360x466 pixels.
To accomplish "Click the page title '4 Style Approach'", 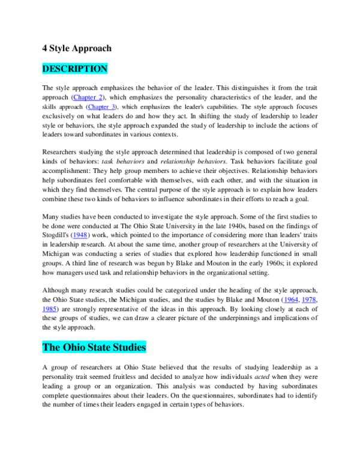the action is point(77,48).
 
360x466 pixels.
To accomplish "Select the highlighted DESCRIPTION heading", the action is point(75,68).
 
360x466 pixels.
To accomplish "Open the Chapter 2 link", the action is point(88,97).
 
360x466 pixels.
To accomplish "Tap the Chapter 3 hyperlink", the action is point(101,107).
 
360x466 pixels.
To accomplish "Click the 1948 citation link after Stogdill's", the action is point(80,235).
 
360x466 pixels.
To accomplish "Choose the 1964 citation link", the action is point(291,300).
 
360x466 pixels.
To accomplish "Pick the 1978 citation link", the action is point(309,300).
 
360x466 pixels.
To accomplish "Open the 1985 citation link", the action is point(49,309).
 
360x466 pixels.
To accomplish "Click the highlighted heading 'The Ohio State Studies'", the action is point(94,347).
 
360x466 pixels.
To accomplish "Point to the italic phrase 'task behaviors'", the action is point(123,162).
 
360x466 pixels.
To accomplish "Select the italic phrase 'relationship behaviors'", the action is point(193,162).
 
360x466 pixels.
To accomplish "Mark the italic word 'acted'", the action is point(262,377).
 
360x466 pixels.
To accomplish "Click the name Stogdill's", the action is point(56,235).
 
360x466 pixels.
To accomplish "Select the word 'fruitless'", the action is point(125,377).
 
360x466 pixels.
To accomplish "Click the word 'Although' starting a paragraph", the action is point(55,291).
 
